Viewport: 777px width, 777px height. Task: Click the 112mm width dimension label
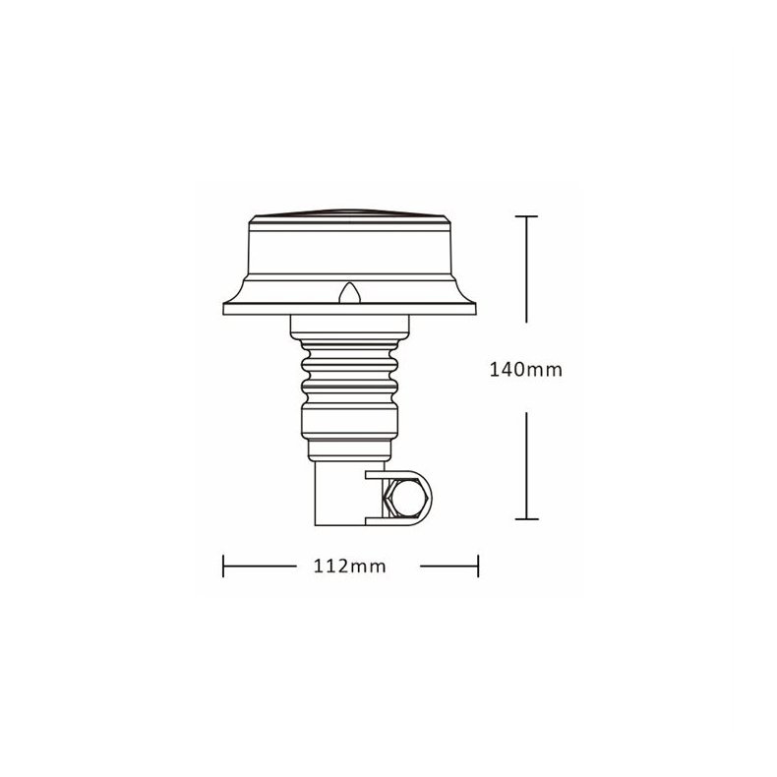point(351,567)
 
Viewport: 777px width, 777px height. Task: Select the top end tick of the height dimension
point(528,216)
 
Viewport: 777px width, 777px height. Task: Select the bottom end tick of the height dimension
point(528,518)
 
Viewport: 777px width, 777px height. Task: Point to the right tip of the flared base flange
point(475,307)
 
